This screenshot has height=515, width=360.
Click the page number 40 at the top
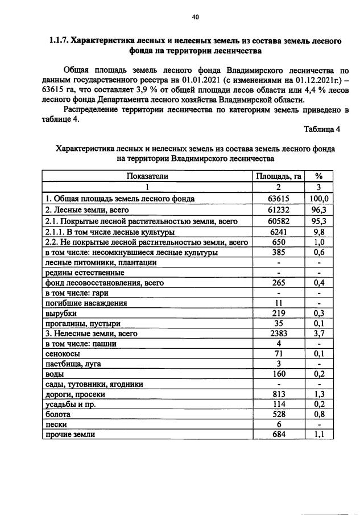click(x=195, y=17)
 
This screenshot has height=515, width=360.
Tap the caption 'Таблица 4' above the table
click(x=321, y=129)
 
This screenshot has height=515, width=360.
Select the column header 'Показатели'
click(x=147, y=176)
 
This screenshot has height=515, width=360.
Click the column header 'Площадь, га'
click(x=279, y=176)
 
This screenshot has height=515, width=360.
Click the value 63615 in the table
click(x=279, y=199)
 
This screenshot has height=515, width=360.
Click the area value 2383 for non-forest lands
click(x=279, y=333)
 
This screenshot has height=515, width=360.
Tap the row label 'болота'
click(x=58, y=414)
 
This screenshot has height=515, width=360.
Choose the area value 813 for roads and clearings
click(x=279, y=394)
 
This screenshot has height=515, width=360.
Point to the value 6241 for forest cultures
click(x=279, y=232)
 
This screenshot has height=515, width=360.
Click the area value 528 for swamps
click(x=279, y=414)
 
